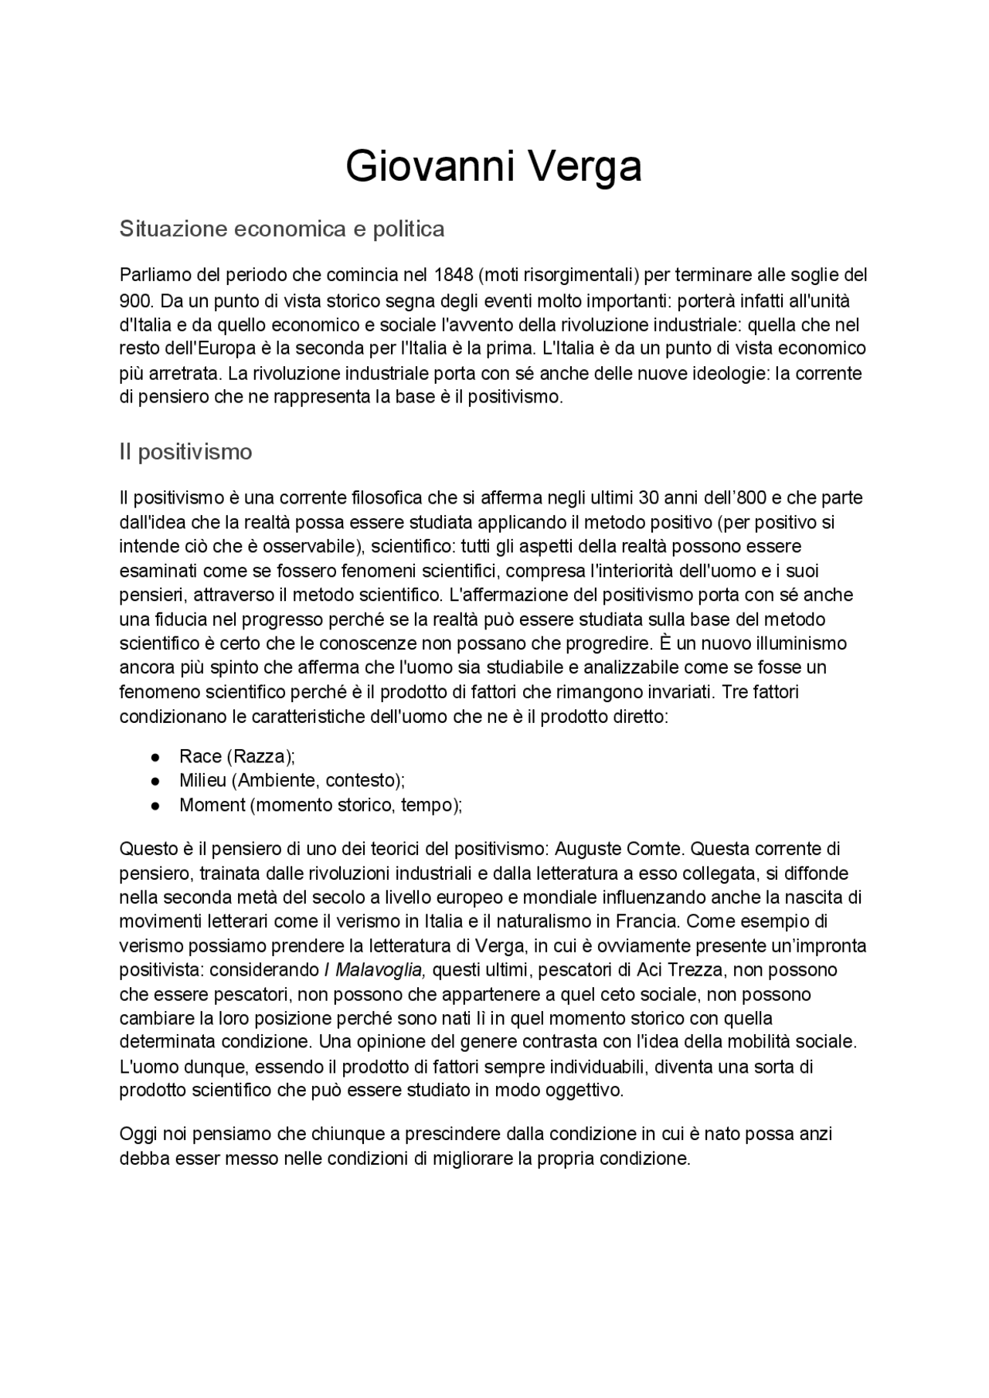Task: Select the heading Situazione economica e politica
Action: pos(282,229)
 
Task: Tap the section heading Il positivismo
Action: pos(185,451)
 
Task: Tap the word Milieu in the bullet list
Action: pos(202,780)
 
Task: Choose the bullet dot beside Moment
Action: pos(155,805)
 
